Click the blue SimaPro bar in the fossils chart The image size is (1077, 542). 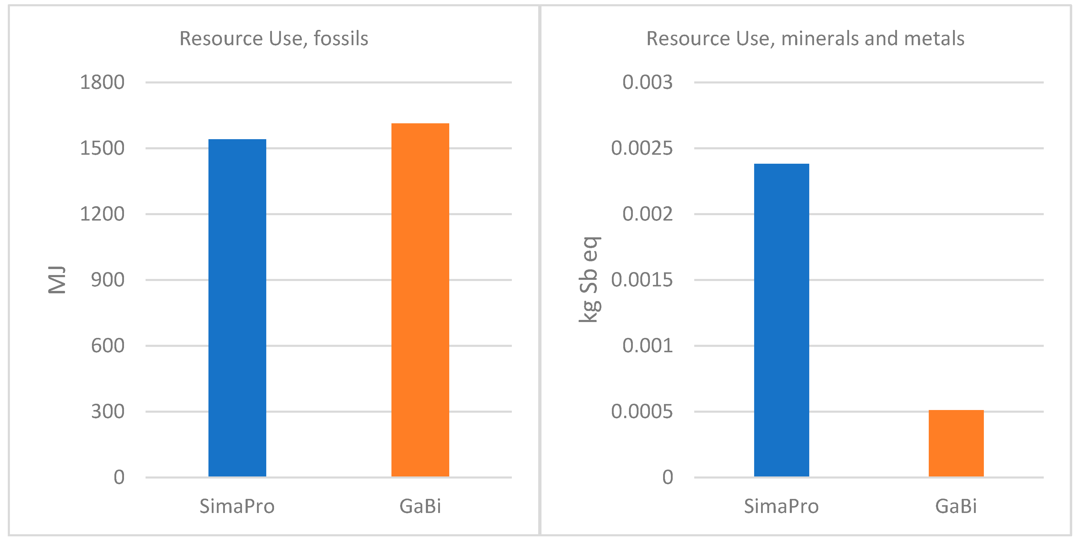[x=237, y=308]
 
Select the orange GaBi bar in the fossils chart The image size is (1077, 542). [x=420, y=300]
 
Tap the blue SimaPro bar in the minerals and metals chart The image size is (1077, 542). [x=781, y=320]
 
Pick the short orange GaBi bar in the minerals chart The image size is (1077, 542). [x=956, y=443]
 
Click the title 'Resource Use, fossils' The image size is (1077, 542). [x=274, y=38]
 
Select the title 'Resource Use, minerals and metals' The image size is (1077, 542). [x=805, y=38]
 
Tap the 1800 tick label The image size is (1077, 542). [x=102, y=82]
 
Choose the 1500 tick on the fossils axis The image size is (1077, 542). [x=102, y=148]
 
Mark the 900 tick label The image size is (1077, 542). [x=108, y=280]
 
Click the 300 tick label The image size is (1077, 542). [x=108, y=412]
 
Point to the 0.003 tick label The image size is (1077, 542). [x=648, y=82]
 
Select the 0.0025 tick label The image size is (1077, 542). [x=642, y=148]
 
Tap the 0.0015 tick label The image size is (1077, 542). [x=642, y=280]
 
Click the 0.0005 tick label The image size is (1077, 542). [x=642, y=412]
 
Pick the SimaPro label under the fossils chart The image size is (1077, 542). [x=237, y=506]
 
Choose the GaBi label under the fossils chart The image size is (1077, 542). [x=420, y=506]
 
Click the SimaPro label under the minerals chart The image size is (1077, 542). [x=781, y=506]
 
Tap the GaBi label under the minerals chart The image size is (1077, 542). [x=956, y=506]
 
